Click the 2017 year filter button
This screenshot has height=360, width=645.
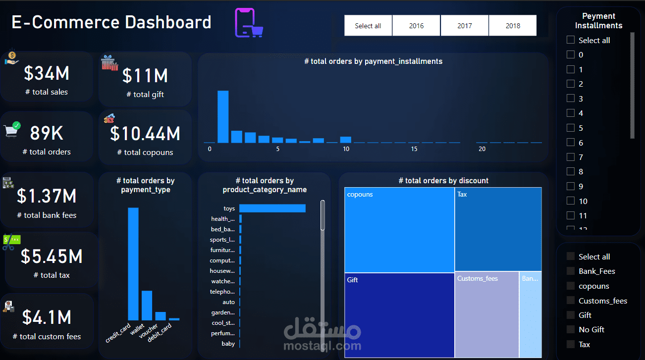tap(464, 26)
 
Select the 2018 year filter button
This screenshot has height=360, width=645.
tap(512, 26)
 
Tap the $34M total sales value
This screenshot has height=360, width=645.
tap(47, 73)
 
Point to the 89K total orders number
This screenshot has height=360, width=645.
tap(47, 133)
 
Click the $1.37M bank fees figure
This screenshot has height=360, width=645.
tap(47, 196)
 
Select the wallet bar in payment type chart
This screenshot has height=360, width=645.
tap(147, 305)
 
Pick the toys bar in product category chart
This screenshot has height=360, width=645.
tap(272, 208)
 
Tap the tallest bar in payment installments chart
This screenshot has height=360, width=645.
tap(223, 116)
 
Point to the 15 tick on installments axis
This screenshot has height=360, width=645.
tap(414, 149)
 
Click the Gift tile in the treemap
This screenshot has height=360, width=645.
tap(399, 315)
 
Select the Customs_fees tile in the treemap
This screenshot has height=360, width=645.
tap(486, 314)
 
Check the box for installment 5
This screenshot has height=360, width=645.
tap(571, 128)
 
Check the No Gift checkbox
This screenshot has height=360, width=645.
tap(571, 329)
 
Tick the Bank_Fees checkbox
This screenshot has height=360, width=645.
tap(571, 271)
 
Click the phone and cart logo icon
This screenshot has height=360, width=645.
tap(249, 23)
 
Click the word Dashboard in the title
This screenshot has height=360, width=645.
tap(168, 22)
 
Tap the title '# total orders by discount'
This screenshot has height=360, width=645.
tap(443, 181)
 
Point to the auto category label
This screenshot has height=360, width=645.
tap(228, 302)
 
